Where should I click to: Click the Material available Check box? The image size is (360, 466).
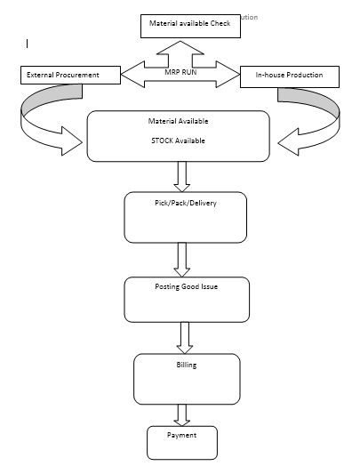pos(190,26)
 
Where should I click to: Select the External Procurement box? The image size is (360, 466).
pos(69,76)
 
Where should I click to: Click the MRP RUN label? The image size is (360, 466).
pos(180,71)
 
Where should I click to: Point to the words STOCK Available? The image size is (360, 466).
pos(178,140)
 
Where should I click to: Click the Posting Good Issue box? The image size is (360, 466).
pos(187,300)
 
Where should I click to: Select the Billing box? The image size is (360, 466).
pos(187,379)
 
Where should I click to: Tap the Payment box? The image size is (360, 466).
pos(181,442)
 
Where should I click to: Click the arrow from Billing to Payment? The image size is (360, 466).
pos(182,414)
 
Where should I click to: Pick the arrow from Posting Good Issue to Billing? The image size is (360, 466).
pos(186,337)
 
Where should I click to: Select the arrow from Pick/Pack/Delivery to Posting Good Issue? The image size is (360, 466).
pos(183,260)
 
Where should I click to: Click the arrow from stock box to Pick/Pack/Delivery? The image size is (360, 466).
pos(182,176)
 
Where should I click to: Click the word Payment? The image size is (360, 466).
pos(181,435)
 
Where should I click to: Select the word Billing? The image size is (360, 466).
pos(187,365)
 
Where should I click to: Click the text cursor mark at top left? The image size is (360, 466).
pos(28,43)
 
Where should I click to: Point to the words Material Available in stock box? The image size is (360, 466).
pos(178,121)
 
